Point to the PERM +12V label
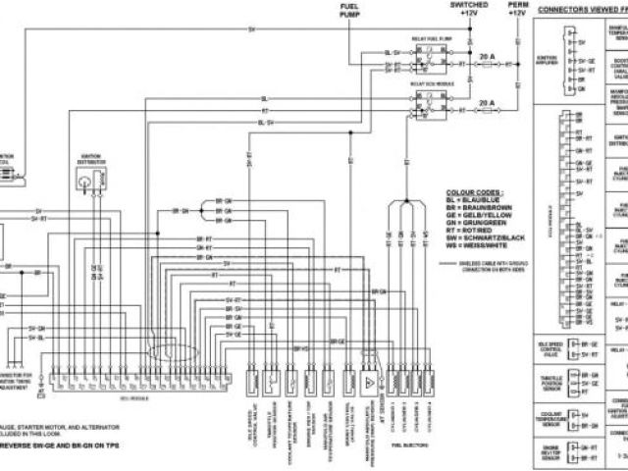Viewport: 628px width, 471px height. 517,10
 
